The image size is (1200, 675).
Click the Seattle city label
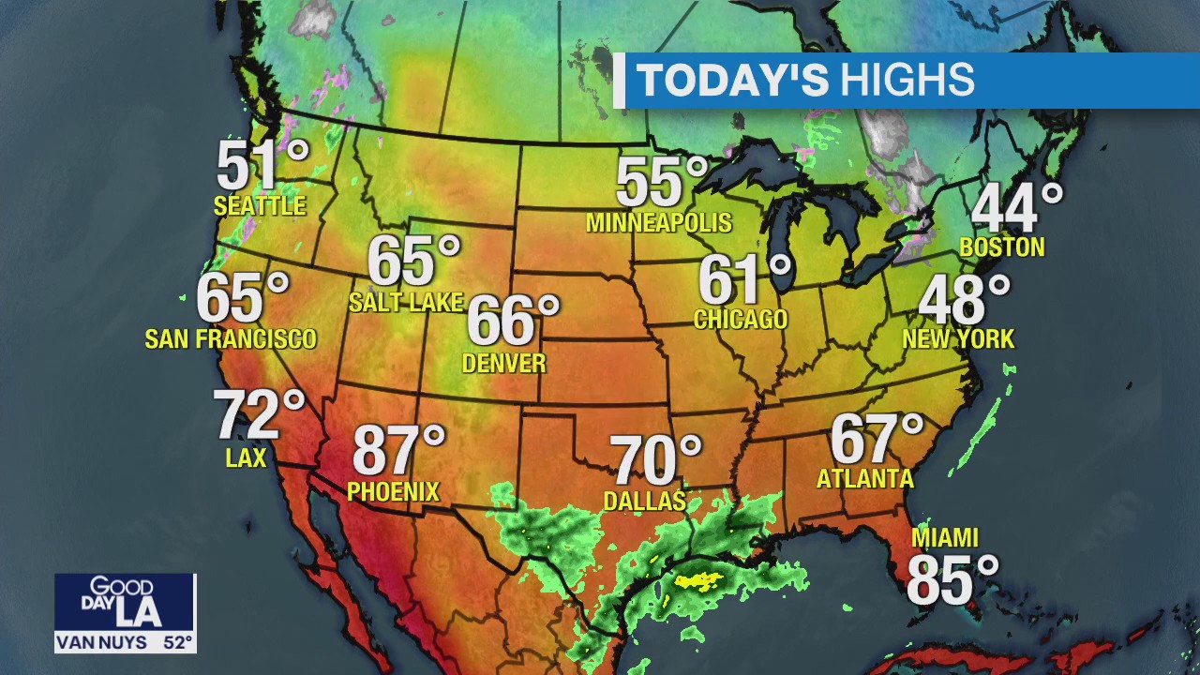click(260, 205)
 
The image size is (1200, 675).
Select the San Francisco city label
click(231, 338)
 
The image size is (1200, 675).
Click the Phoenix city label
click(393, 490)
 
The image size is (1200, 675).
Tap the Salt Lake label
click(406, 302)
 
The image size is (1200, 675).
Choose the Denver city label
click(504, 363)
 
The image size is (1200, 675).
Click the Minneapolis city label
click(658, 223)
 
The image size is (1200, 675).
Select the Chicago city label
click(741, 319)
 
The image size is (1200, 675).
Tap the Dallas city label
click(645, 501)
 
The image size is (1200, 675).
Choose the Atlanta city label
click(865, 478)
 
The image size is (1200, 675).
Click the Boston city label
click(1002, 247)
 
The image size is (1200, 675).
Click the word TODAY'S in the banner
click(733, 81)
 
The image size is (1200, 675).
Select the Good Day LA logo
click(125, 603)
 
